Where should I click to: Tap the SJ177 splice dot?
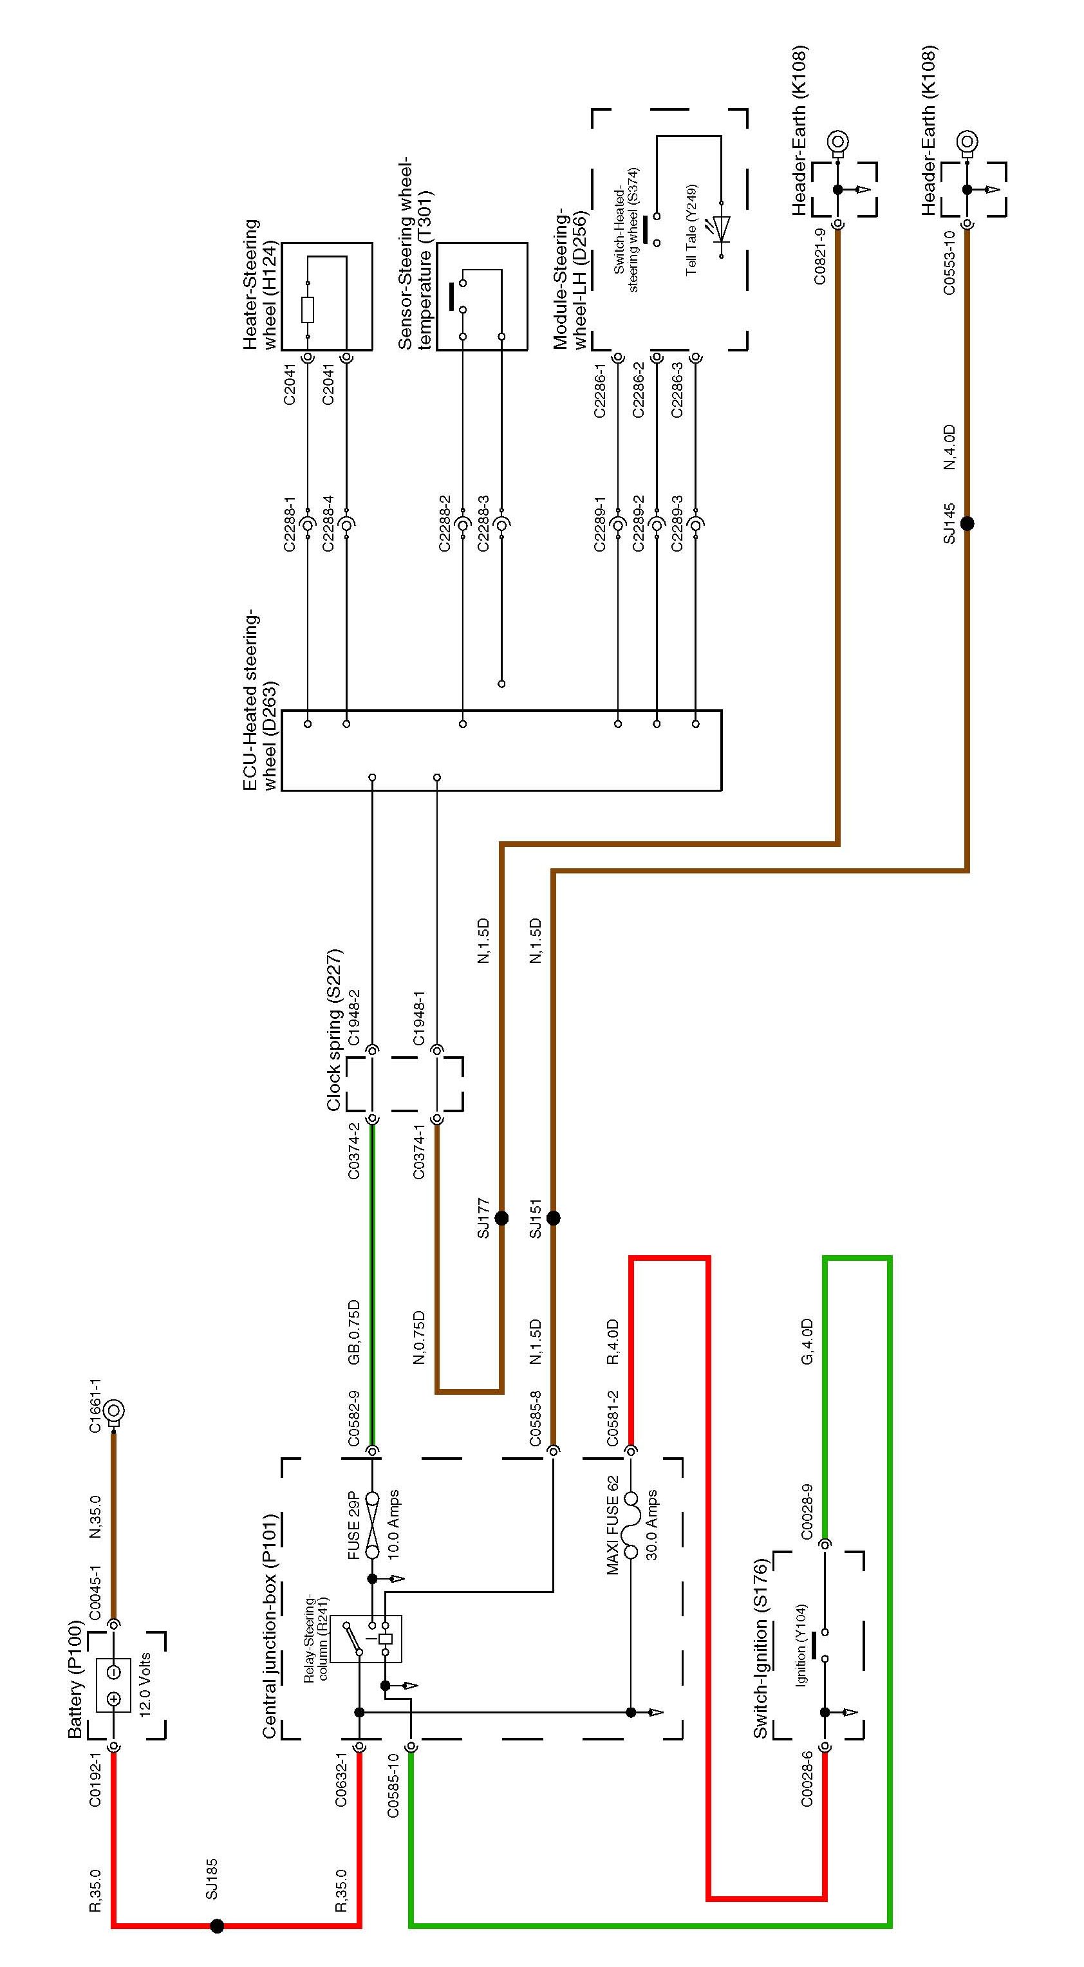click(x=501, y=1218)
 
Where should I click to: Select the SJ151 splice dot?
click(x=553, y=1218)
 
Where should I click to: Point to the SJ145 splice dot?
click(x=967, y=524)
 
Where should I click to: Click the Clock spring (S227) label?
click(x=334, y=1030)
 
